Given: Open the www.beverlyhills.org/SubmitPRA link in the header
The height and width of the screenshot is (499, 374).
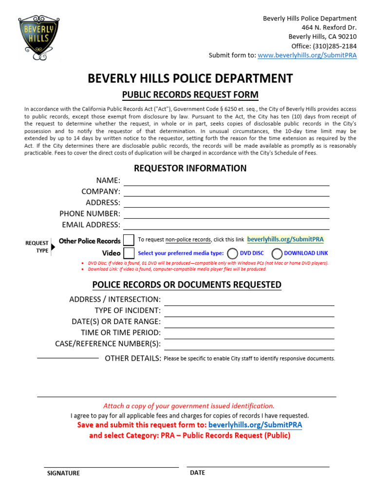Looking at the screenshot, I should point(307,56).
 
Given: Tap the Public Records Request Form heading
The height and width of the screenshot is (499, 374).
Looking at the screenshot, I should point(190,95).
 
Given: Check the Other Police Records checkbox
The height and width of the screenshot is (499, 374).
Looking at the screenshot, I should point(129,240).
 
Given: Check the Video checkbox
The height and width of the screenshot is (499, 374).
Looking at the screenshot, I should point(129,253).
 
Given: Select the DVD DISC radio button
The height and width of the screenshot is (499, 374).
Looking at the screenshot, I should point(233,253).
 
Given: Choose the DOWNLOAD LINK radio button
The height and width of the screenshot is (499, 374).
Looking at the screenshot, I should point(277,253).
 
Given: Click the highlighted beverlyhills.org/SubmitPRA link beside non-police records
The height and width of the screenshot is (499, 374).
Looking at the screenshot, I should point(285,239).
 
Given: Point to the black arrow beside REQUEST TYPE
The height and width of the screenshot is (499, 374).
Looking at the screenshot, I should point(53,247).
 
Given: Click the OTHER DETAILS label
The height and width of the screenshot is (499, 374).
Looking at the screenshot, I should point(133,359).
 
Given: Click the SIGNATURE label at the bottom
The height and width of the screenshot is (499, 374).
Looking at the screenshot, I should point(63,473).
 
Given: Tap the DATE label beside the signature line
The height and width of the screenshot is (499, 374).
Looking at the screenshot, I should point(197,473).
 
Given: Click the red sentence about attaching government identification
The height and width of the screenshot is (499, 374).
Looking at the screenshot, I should point(189,406).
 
